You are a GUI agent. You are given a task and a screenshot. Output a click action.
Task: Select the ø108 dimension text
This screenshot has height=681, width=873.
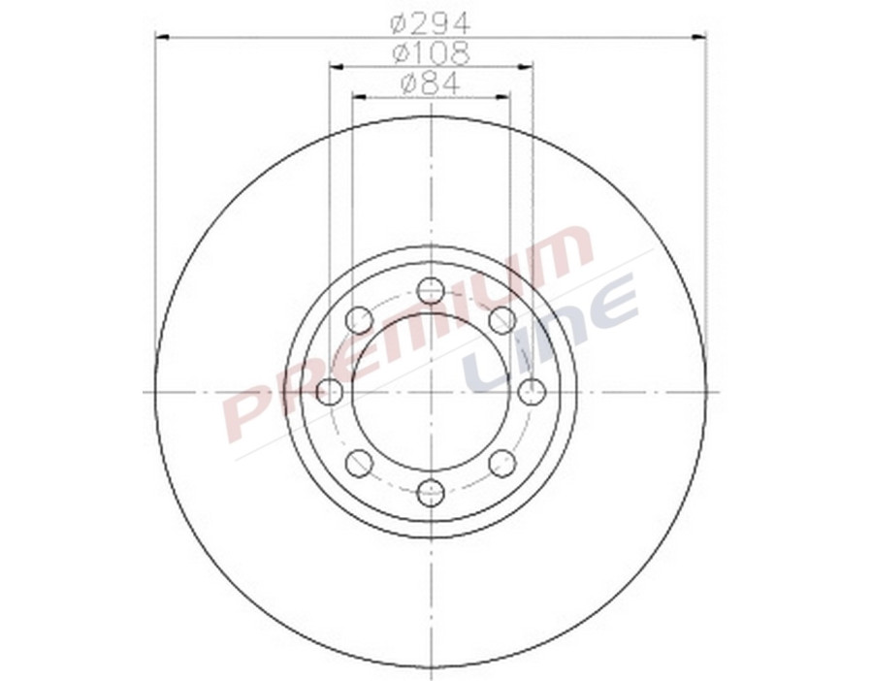(x=431, y=52)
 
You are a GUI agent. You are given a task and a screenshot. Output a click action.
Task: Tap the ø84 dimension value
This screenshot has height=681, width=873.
(x=431, y=83)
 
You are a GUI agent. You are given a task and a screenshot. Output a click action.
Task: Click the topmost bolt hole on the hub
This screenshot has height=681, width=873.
(x=431, y=290)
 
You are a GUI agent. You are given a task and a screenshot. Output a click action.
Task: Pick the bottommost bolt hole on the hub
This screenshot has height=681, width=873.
(x=431, y=493)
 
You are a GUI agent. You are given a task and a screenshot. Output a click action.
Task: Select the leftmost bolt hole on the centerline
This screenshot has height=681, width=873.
(x=331, y=392)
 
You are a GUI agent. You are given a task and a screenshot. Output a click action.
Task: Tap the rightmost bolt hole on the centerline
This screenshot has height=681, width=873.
(x=532, y=392)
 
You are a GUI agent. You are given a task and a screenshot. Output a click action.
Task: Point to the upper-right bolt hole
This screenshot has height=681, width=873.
(x=501, y=320)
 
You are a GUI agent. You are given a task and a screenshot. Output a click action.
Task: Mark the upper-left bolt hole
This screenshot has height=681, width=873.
(x=359, y=320)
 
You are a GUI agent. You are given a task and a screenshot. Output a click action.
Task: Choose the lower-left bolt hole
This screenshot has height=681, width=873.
(x=359, y=464)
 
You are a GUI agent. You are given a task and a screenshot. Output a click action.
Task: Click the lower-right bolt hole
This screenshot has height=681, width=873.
(x=501, y=464)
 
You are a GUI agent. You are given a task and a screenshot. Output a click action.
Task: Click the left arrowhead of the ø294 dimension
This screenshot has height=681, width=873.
(x=162, y=38)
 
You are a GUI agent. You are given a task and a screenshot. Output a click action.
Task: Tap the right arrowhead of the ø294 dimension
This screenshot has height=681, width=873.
(x=699, y=38)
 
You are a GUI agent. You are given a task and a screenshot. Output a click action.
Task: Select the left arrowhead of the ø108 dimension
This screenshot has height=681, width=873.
(x=337, y=67)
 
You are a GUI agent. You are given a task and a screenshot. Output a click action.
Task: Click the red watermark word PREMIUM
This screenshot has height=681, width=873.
(x=407, y=335)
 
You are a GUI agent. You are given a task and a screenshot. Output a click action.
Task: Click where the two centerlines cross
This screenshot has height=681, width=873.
(x=431, y=392)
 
